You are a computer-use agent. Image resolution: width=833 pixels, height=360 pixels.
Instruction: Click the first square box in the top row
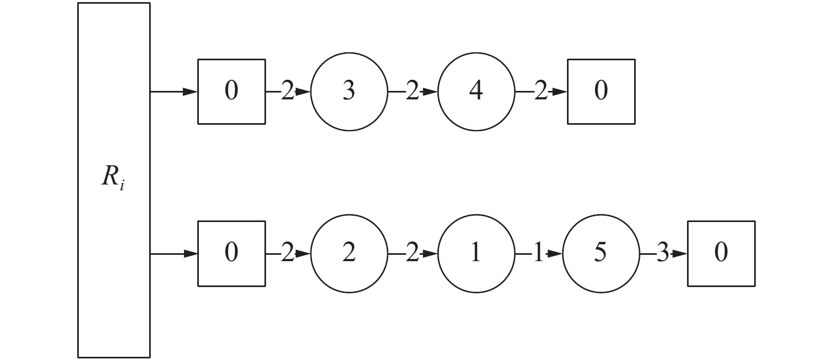[232, 92]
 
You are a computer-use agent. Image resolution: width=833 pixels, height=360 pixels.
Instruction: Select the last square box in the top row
[601, 92]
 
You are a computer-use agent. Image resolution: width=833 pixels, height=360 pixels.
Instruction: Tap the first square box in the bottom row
[232, 254]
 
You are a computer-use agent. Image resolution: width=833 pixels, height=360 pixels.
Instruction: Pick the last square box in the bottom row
[721, 254]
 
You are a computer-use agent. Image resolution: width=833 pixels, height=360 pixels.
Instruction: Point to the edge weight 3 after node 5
[663, 254]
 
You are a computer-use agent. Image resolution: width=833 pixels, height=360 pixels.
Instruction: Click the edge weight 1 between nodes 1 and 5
[538, 254]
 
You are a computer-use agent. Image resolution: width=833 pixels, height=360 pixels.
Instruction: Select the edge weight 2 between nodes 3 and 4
[413, 93]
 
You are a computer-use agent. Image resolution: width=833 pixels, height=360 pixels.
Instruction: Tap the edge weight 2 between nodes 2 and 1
[413, 254]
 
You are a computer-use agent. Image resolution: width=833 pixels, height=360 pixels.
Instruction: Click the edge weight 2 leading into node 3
[287, 93]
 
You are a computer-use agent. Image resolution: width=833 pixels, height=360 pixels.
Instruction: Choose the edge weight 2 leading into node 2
[287, 254]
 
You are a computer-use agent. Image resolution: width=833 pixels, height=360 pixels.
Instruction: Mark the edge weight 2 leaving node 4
[540, 93]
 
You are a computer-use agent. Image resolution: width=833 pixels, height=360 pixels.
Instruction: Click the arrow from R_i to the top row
[174, 92]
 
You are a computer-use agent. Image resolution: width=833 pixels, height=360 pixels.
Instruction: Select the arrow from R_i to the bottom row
[174, 254]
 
